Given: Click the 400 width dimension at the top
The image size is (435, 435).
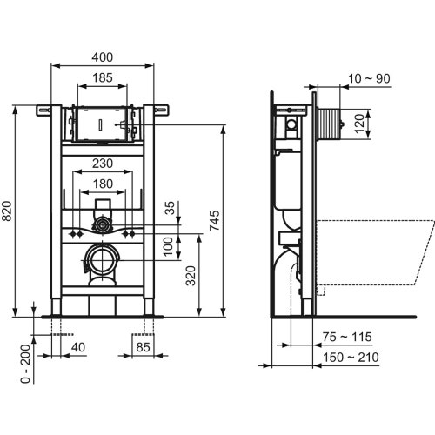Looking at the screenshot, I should click(x=103, y=57).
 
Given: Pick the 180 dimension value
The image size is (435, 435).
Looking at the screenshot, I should click(x=103, y=184).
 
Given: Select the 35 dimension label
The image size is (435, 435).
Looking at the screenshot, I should click(x=171, y=208).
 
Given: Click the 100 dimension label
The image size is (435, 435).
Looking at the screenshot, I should click(x=171, y=246).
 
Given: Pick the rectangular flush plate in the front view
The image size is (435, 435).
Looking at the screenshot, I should click(x=102, y=124).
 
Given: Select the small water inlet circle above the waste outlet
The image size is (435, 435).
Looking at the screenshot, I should click(x=103, y=224).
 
